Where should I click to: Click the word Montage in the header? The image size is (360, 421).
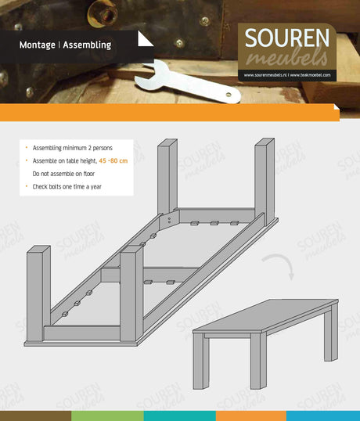click(38, 45)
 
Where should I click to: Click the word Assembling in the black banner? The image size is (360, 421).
click(87, 45)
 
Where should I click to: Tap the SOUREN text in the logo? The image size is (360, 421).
click(287, 38)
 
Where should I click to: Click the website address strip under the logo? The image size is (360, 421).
click(287, 75)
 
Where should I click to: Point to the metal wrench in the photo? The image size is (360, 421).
click(188, 82)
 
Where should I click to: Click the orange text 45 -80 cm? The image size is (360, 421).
click(113, 161)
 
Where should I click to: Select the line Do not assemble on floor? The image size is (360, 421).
click(63, 174)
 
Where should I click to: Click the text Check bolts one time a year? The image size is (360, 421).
click(67, 186)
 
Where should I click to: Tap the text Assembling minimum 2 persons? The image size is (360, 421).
click(73, 148)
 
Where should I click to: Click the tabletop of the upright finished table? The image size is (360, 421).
click(266, 316)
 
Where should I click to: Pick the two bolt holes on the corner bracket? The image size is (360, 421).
click(169, 221)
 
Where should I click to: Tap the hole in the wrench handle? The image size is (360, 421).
click(229, 95)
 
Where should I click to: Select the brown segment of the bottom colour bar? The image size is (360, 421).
click(35, 416)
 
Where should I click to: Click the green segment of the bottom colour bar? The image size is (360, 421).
click(107, 416)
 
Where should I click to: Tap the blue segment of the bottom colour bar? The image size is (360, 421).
click(323, 416)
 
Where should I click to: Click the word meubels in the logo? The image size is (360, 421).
click(287, 58)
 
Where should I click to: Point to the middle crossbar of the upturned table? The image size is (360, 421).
click(150, 275)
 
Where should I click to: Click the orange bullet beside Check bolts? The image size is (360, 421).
click(27, 185)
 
